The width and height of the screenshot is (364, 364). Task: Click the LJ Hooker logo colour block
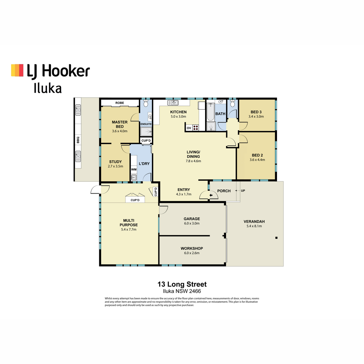(x=17, y=70)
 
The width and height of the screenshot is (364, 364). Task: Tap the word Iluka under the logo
(x=48, y=88)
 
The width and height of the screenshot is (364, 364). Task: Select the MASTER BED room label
(x=120, y=124)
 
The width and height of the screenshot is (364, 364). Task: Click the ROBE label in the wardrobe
(x=120, y=103)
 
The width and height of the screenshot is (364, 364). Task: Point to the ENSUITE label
(x=146, y=124)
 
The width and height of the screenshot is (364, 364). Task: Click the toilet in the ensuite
(x=146, y=104)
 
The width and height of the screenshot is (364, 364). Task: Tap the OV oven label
(x=189, y=128)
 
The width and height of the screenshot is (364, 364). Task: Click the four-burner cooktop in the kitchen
(x=196, y=128)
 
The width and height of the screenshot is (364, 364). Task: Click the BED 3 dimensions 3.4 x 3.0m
(x=256, y=116)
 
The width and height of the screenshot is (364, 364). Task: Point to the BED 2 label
(x=257, y=155)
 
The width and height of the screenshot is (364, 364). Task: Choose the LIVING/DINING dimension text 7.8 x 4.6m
(x=193, y=161)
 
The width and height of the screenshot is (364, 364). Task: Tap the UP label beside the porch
(x=243, y=191)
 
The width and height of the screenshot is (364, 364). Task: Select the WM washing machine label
(x=134, y=170)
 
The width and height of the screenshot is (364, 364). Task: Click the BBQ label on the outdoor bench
(x=78, y=140)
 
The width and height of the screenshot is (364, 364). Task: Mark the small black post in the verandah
(x=276, y=238)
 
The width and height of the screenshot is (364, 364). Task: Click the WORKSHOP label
(x=192, y=248)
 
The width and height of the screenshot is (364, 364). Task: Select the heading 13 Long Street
(x=182, y=284)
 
